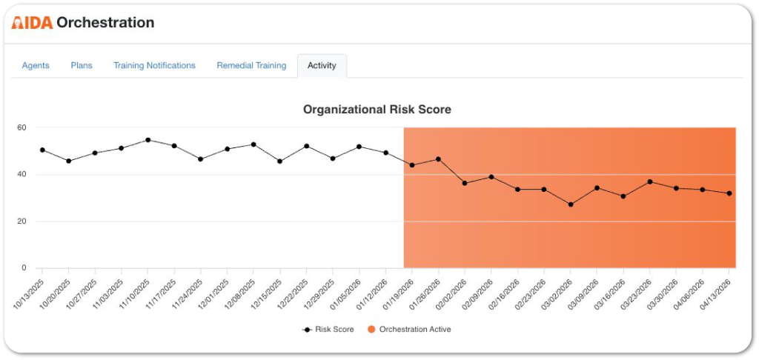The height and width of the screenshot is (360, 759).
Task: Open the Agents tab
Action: [36, 65]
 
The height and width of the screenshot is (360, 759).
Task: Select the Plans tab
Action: [82, 65]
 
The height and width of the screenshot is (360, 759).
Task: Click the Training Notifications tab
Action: [154, 65]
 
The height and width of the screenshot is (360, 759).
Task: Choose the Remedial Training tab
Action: [251, 65]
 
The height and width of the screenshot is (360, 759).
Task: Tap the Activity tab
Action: [322, 65]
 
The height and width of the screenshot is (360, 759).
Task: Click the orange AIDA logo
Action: [32, 22]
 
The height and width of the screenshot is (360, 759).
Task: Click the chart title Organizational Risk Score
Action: [377, 110]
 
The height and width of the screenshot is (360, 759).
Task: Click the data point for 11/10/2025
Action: [148, 140]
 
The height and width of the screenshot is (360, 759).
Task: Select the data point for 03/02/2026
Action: [571, 204]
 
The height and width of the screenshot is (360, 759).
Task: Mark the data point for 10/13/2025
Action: [42, 150]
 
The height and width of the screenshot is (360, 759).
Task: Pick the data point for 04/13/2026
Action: [729, 193]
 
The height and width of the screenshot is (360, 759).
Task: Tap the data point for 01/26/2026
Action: [439, 159]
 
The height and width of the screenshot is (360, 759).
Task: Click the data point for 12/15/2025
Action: [280, 161]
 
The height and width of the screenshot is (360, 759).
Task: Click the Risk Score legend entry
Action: [328, 330]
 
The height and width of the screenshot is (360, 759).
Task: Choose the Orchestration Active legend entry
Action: [409, 330]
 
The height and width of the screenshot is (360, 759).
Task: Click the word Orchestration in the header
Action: [105, 22]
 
